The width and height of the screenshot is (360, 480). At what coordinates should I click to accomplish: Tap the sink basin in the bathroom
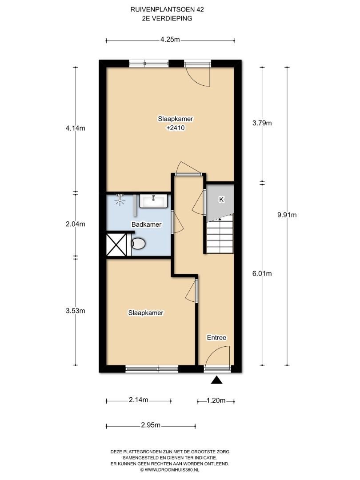(x=153, y=201)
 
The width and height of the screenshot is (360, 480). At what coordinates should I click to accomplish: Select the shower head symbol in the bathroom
(x=120, y=199)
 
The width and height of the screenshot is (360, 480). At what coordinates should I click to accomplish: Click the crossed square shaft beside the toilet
(x=116, y=244)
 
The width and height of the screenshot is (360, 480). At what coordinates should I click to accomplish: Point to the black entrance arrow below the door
(x=217, y=380)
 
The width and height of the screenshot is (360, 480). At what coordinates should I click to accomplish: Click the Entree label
(x=216, y=337)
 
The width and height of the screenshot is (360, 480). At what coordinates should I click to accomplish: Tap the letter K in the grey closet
(x=221, y=200)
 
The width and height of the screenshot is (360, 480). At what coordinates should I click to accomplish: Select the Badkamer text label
(x=146, y=224)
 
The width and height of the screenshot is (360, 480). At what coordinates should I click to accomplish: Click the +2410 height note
(x=176, y=128)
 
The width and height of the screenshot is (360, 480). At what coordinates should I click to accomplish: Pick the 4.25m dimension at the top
(x=170, y=40)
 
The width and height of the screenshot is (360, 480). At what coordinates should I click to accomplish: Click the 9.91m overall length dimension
(x=287, y=215)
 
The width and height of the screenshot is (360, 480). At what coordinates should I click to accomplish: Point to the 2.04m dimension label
(x=75, y=224)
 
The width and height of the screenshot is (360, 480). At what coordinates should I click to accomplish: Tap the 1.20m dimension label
(x=216, y=400)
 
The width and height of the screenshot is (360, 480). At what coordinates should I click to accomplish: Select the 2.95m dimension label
(x=151, y=425)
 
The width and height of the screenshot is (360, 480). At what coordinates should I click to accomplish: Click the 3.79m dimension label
(x=262, y=123)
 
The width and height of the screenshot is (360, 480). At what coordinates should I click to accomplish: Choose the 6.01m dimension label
(x=262, y=273)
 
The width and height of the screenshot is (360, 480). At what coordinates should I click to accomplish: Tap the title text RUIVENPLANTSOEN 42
(x=167, y=9)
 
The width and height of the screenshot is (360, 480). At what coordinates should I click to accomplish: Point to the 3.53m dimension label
(x=75, y=311)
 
